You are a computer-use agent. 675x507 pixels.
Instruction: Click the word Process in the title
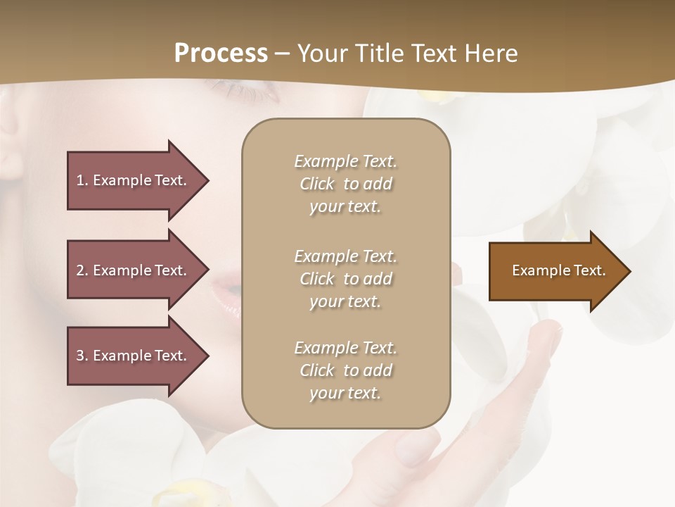(x=221, y=54)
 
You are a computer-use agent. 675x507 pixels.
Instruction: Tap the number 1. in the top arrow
(x=82, y=180)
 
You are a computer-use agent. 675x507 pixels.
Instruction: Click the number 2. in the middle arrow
(x=82, y=270)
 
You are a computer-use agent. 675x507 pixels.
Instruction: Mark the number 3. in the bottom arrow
(x=82, y=356)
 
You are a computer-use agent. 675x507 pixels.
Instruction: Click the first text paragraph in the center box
(x=345, y=184)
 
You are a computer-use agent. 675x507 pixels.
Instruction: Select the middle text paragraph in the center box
(x=345, y=279)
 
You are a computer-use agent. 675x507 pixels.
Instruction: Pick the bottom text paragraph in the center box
(x=345, y=370)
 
